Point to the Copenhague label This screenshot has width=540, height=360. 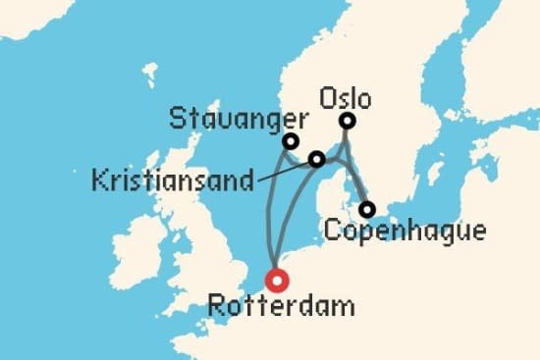pyautogui.click(x=404, y=232)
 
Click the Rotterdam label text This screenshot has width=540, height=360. pyautogui.click(x=281, y=307)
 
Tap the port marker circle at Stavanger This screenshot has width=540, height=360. pyautogui.click(x=291, y=141)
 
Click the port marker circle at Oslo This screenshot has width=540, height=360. pyautogui.click(x=347, y=122)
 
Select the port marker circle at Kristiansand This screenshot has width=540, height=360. pyautogui.click(x=316, y=159)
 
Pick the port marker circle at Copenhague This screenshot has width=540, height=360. pyautogui.click(x=366, y=209)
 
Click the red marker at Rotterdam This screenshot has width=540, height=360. pyautogui.click(x=279, y=281)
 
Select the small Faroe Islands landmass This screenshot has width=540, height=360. pyautogui.click(x=149, y=72)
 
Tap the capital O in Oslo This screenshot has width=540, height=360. pyautogui.click(x=327, y=99)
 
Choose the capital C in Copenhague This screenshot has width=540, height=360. pyautogui.click(x=331, y=232)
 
